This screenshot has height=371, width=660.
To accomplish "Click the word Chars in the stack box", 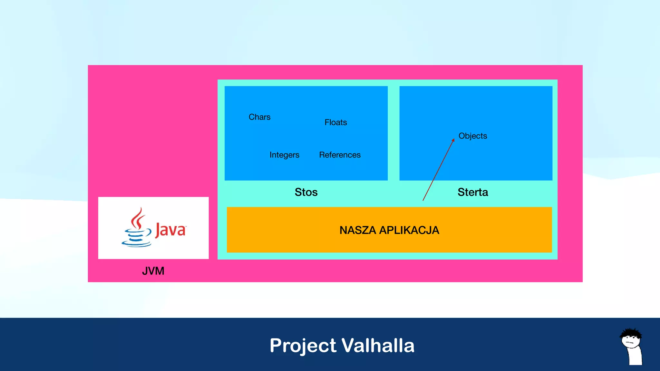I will click(x=259, y=117).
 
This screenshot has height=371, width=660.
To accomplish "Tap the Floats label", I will click(x=335, y=122).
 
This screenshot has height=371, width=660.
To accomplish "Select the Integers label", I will click(x=284, y=155).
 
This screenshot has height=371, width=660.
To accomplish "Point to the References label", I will click(x=340, y=155).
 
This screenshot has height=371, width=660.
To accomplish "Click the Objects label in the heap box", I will click(x=472, y=136).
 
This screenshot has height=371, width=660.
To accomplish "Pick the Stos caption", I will click(x=306, y=192).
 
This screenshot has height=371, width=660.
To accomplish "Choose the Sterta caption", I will click(x=472, y=192).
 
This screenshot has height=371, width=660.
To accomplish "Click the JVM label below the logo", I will click(x=153, y=271).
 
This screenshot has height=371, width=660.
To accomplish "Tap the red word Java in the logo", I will click(x=170, y=230).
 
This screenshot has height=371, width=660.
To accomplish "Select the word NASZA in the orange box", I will click(x=358, y=230).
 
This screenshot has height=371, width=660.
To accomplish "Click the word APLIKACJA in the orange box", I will click(x=409, y=230).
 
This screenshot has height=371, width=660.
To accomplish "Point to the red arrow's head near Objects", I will click(x=453, y=140).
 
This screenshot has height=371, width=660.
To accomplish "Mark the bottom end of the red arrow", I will click(x=423, y=200).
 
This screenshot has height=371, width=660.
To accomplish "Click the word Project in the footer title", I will click(x=303, y=346).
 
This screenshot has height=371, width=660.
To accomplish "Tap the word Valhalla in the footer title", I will click(x=378, y=346).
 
